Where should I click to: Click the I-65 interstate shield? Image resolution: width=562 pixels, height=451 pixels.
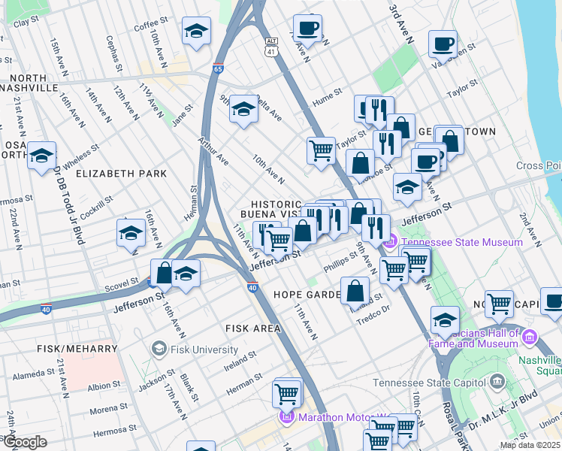[x=217, y=68]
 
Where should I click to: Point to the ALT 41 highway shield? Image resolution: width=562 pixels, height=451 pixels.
[x=270, y=47]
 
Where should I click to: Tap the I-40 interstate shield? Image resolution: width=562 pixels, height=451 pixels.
[x=253, y=287]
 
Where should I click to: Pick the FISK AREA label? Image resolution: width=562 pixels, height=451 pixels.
[x=252, y=328]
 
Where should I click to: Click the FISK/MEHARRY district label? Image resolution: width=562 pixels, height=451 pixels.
[x=77, y=350]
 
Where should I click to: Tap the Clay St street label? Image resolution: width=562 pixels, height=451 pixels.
[x=26, y=23]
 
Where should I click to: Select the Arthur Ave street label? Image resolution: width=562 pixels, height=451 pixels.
[x=213, y=149]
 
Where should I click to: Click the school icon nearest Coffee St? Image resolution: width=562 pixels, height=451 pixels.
[x=196, y=32]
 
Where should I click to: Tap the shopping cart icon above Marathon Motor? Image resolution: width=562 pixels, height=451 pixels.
[x=287, y=392]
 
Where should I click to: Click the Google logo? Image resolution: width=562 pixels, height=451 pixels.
[x=24, y=442]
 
